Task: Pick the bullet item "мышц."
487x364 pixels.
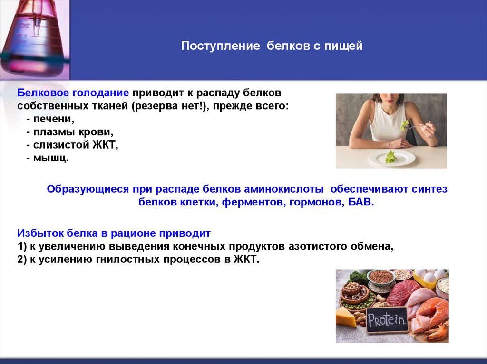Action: (x=50, y=158)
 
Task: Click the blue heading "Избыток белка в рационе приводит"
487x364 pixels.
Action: (x=114, y=233)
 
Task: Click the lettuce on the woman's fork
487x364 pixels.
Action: (x=404, y=125)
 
